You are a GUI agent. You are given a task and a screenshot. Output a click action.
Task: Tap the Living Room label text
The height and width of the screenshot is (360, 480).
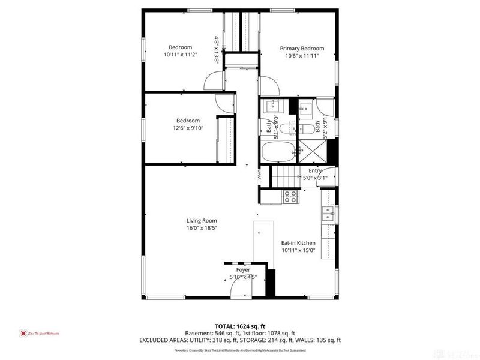[202, 220]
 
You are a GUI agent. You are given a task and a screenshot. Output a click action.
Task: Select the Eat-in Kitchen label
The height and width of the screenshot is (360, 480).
[298, 243]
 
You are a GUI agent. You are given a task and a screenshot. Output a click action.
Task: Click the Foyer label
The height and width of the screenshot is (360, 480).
[243, 270]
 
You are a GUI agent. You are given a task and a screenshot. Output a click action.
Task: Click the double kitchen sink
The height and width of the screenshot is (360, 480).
[328, 214]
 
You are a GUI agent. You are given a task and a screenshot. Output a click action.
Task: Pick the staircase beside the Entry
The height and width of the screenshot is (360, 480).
[286, 177]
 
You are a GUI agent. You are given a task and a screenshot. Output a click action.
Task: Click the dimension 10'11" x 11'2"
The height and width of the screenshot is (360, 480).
[179, 55]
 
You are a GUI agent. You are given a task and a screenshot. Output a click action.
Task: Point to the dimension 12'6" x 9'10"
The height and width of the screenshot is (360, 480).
[188, 128]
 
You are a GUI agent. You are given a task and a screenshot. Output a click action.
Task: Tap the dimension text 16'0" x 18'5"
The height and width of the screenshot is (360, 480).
[202, 228]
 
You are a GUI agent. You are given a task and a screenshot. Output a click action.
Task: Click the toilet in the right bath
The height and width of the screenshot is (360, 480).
[304, 128]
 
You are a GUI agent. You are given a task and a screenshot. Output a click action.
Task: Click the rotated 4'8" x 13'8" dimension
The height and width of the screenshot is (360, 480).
[216, 49]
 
